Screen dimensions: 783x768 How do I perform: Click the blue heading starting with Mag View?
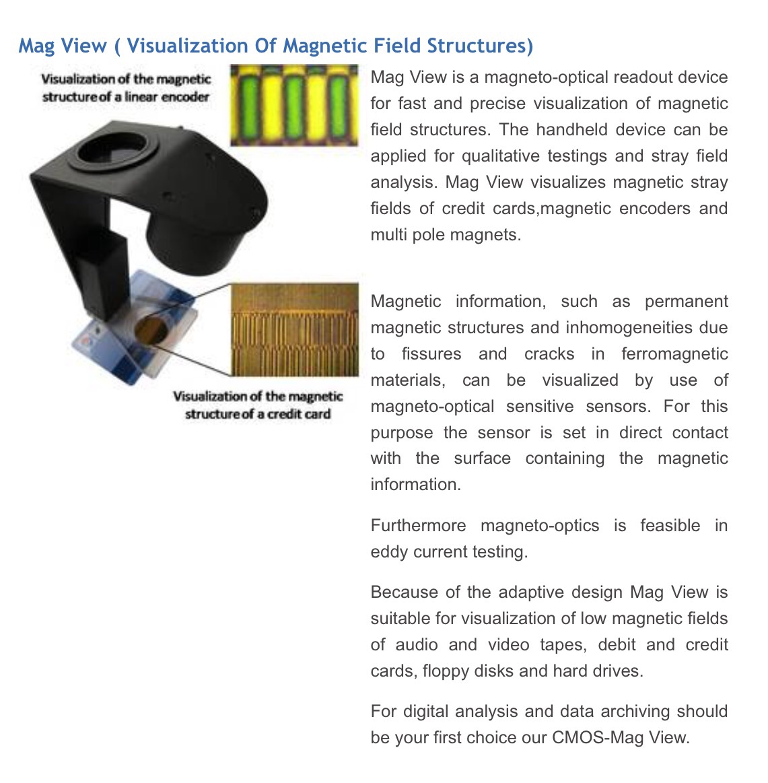pyautogui.click(x=275, y=46)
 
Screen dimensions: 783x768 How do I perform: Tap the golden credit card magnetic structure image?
pyautogui.click(x=293, y=329)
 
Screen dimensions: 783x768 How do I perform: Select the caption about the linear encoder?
pyautogui.click(x=126, y=88)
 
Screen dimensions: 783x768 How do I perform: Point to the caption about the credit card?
pyautogui.click(x=258, y=405)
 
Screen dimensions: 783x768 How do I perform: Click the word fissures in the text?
pyautogui.click(x=432, y=354)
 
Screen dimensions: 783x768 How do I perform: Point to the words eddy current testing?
pyautogui.click(x=448, y=552)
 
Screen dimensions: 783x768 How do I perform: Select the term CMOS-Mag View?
pyautogui.click(x=621, y=738)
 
